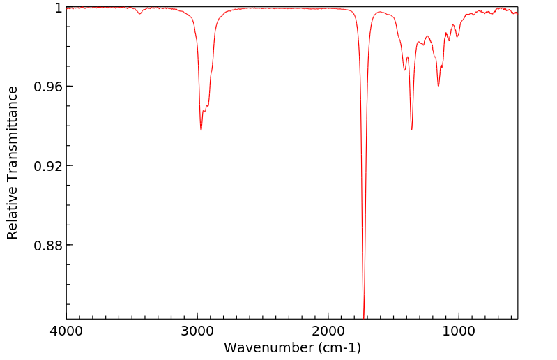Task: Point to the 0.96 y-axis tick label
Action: tap(47, 87)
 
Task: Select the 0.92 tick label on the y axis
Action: tap(47, 166)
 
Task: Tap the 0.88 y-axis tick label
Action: tap(47, 246)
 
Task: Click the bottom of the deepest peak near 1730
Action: tap(364, 315)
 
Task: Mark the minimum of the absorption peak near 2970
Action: tap(201, 130)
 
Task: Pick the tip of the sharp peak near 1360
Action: tap(411, 130)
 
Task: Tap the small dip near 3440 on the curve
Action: tap(140, 13)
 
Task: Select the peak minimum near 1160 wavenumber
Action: tap(438, 86)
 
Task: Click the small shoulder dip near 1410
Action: tap(405, 70)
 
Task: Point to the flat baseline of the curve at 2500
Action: tap(263, 8)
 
